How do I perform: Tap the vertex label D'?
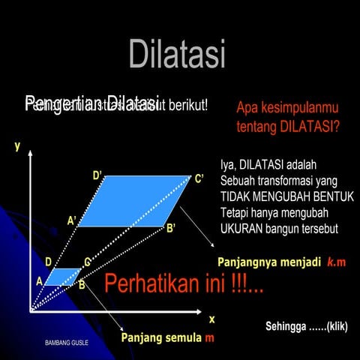(x=98, y=175)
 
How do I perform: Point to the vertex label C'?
(x=199, y=178)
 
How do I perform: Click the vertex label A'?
(x=73, y=220)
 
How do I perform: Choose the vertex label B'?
(x=171, y=227)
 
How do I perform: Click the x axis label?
(x=211, y=319)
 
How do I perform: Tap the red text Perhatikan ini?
(x=183, y=284)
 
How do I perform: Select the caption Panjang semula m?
(x=167, y=337)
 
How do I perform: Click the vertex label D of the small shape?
(x=48, y=262)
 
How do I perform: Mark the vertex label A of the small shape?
(x=39, y=280)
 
